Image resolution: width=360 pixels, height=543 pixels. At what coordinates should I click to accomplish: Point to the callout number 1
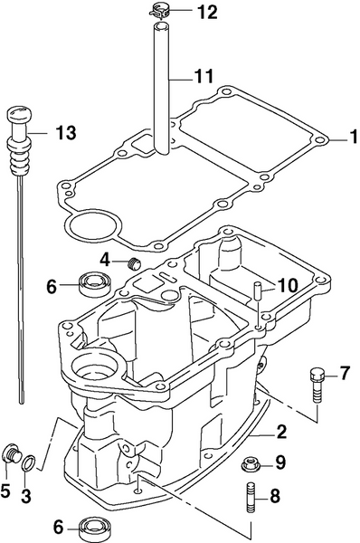pyautogui.click(x=341, y=139)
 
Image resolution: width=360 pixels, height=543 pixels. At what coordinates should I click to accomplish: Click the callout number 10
pyautogui.click(x=287, y=285)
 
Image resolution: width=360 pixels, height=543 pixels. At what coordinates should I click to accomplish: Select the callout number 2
pyautogui.click(x=282, y=432)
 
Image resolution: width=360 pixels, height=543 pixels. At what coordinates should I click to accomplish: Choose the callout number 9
pyautogui.click(x=279, y=463)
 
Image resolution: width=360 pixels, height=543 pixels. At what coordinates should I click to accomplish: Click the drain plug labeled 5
pyautogui.click(x=13, y=452)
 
